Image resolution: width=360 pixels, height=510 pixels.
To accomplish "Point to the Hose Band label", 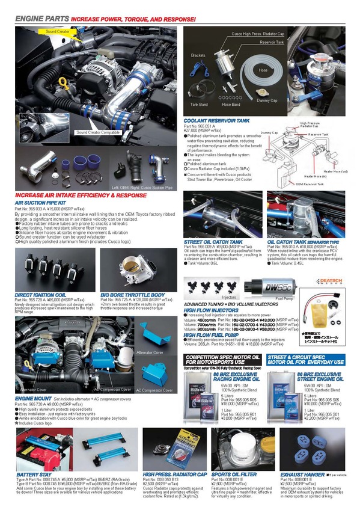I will click(231, 105).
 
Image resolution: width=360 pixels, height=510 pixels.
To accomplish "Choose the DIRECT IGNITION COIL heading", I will click(40, 295).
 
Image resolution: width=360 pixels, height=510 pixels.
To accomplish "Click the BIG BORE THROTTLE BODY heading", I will click(132, 295).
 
